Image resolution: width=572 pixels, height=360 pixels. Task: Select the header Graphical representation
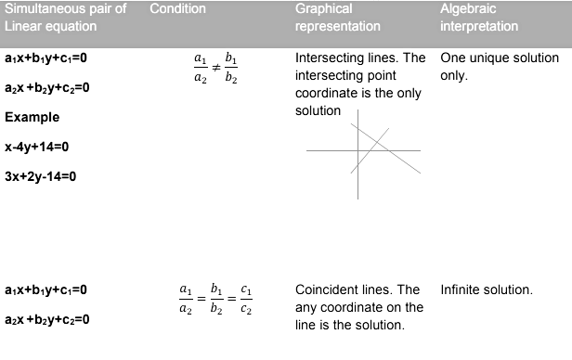coord(337,18)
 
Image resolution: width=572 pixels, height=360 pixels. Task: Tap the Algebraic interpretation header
coord(479,18)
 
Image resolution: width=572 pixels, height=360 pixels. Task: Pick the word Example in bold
coord(32,117)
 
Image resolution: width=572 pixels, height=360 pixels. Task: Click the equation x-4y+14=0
coord(37,147)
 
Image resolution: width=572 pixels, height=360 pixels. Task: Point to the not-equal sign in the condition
coord(214,68)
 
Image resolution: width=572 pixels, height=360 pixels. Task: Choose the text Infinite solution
coord(487,289)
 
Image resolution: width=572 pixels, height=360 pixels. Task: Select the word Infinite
coord(461,289)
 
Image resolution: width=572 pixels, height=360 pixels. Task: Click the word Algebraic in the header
coord(467,8)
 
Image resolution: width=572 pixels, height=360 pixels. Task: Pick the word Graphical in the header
coord(324,8)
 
